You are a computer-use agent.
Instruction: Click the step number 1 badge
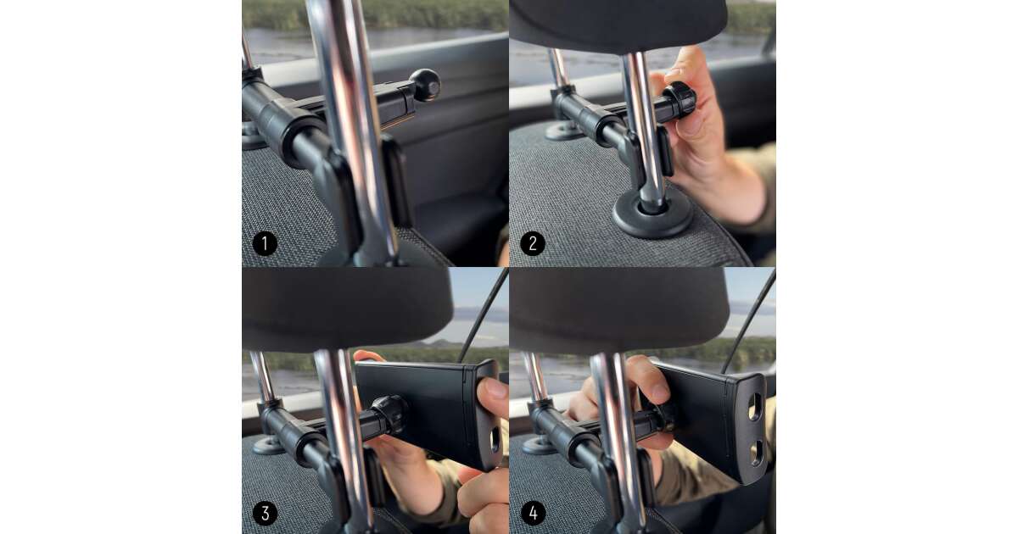coord(265,244)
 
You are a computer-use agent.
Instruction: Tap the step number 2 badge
coord(532,244)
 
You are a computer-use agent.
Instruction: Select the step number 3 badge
coord(265,513)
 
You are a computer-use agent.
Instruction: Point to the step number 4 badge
coord(533,513)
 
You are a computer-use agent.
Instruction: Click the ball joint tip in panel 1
coord(425,85)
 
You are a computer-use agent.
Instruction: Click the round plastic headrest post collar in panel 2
coord(652,213)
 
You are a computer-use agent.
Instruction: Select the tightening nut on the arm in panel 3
coord(389,414)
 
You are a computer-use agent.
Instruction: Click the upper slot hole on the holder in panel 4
coord(754,406)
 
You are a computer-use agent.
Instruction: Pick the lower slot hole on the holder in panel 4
coord(755,453)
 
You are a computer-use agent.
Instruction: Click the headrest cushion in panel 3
coord(348,309)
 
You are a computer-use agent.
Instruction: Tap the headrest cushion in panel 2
coord(618,25)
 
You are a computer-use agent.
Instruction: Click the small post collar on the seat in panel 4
coord(538,445)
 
